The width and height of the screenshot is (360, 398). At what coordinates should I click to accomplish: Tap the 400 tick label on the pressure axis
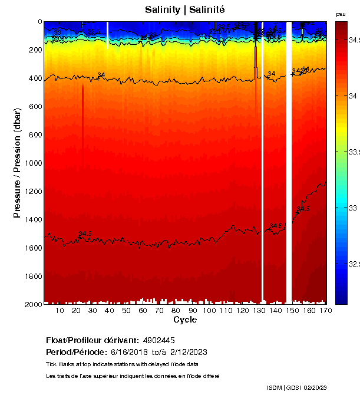pyautogui.click(x=34, y=78)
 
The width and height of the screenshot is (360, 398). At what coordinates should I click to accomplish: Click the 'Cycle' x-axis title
pyautogui.click(x=185, y=320)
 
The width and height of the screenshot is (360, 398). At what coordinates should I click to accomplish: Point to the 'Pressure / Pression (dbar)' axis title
pyautogui.click(x=17, y=163)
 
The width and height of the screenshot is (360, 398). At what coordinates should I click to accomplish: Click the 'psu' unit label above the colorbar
pyautogui.click(x=341, y=14)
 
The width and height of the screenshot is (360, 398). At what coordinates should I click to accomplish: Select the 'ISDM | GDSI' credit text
pyautogui.click(x=284, y=387)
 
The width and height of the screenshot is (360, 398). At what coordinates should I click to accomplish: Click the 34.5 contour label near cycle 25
pyautogui.click(x=85, y=233)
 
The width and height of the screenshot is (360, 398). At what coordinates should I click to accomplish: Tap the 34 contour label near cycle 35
pyautogui.click(x=101, y=75)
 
